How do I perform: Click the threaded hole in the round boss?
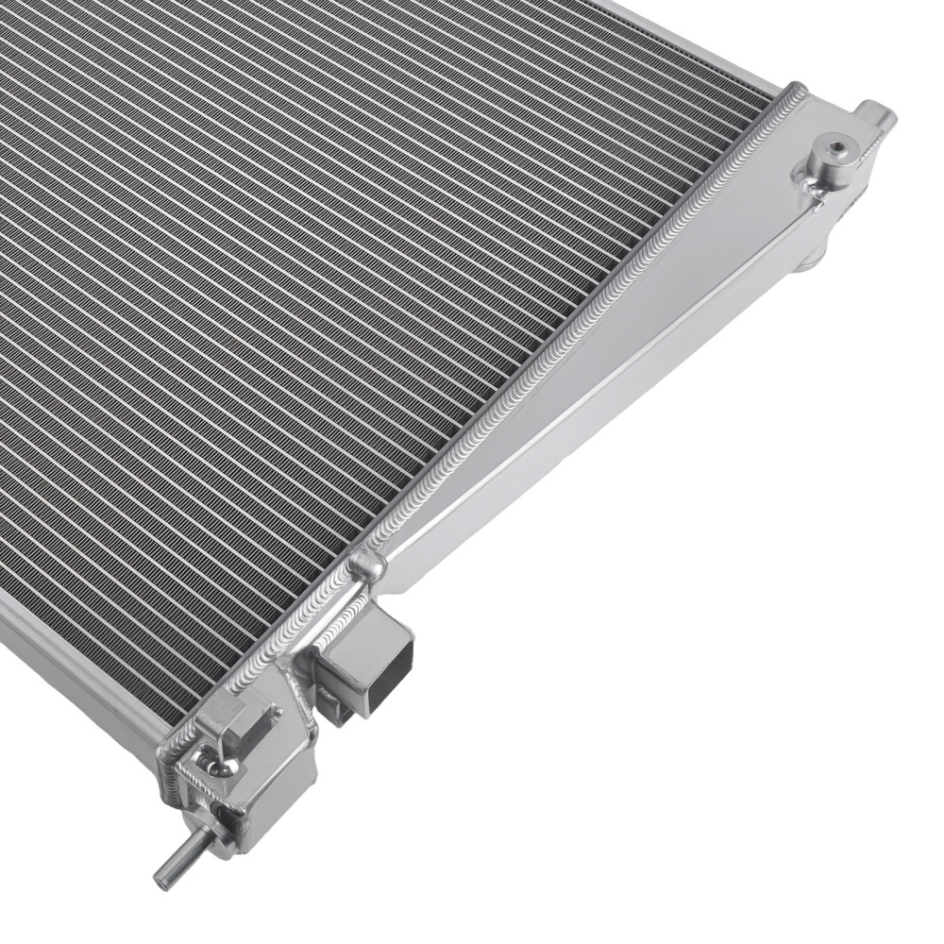click(x=835, y=148)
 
